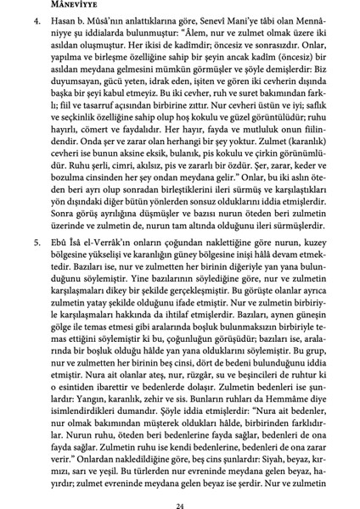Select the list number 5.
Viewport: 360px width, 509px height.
click(39, 265)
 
